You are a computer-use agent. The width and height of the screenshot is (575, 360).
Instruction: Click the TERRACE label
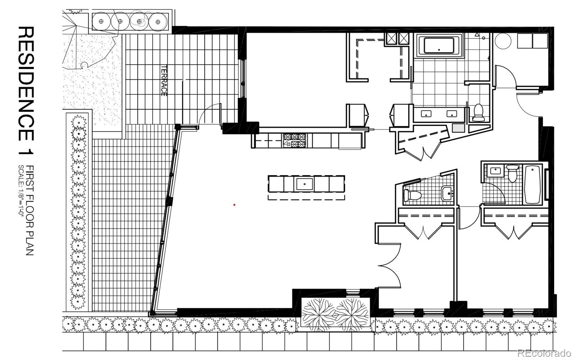click(164, 81)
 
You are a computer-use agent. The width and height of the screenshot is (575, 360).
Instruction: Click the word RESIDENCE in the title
click(26, 84)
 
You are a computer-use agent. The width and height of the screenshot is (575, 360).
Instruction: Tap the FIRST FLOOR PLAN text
click(30, 210)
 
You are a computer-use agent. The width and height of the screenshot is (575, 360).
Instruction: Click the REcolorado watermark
click(544, 353)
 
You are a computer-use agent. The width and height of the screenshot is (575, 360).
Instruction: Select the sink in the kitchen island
click(305, 184)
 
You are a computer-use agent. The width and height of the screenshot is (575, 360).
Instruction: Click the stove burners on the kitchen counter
click(295, 140)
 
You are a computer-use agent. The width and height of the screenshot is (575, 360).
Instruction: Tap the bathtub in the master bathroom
click(439, 46)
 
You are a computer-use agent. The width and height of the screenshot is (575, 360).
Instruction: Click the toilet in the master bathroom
click(478, 113)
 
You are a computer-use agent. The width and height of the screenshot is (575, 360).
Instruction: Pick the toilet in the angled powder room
click(412, 195)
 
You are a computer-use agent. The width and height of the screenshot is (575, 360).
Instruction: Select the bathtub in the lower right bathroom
click(532, 184)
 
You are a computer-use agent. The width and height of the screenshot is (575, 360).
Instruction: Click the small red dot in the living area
click(234, 205)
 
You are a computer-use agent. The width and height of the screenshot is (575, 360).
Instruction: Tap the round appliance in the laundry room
click(503, 41)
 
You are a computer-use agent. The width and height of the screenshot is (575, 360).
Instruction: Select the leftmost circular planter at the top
click(101, 22)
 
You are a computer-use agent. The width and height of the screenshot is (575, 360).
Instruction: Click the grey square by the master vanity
click(459, 128)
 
